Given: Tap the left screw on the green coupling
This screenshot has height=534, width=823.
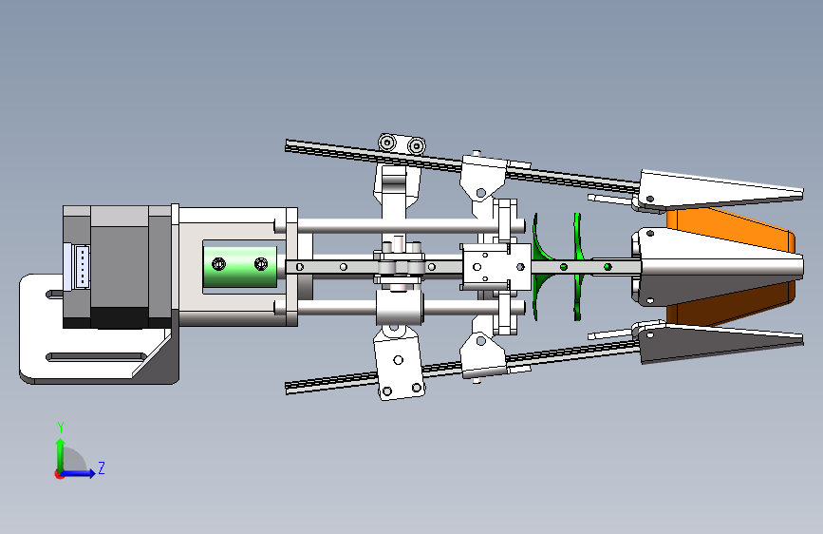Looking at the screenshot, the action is (218, 264).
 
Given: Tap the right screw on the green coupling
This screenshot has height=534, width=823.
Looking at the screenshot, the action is (261, 264).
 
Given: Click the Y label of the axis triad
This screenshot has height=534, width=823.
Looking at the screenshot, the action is (61, 428).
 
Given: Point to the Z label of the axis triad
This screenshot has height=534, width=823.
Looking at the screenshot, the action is (102, 467).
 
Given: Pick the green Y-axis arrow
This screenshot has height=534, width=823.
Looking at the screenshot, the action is (61, 455).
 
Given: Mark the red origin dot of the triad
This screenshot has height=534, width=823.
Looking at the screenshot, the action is (59, 474).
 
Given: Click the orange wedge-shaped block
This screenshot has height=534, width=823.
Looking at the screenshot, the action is (731, 265).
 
